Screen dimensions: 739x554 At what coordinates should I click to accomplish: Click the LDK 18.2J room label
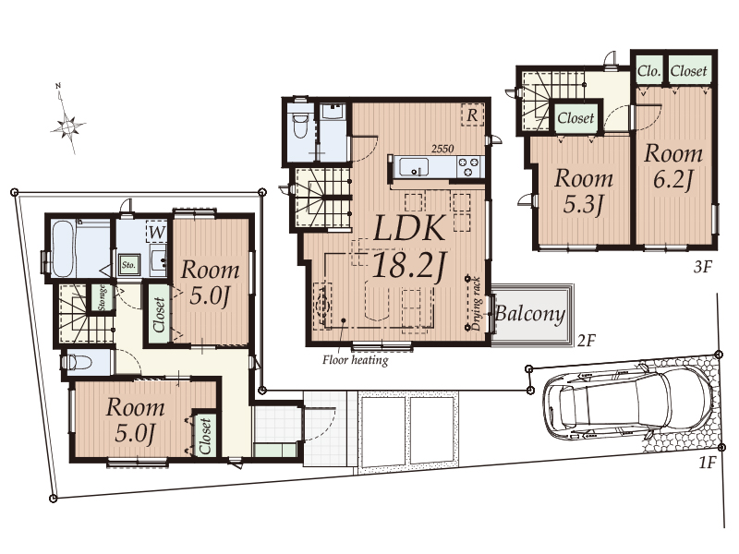[x=408, y=247]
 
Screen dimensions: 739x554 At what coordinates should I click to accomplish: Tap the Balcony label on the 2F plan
[x=530, y=313]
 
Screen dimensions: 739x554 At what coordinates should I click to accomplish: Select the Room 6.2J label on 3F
[x=673, y=166]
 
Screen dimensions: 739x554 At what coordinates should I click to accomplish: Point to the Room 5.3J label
[x=584, y=191]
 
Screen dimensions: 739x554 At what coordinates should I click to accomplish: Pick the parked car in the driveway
[x=628, y=403]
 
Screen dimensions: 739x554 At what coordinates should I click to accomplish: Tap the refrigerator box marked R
[x=472, y=114]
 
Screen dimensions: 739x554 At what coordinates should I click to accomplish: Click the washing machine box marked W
[x=156, y=232]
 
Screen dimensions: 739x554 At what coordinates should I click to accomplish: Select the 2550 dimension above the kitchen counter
[x=442, y=149]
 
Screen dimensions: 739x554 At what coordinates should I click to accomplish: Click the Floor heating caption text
[x=356, y=360]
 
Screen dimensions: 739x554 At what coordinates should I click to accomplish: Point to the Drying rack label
[x=477, y=304]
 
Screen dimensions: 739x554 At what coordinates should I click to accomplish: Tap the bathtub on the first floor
[x=63, y=248]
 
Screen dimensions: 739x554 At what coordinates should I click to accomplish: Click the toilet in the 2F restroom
[x=300, y=125]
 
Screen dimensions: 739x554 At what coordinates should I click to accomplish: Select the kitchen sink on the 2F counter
[x=414, y=167]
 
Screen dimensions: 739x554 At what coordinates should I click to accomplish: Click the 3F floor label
[x=702, y=267]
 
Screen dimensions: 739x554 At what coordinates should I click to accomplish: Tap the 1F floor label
[x=707, y=463]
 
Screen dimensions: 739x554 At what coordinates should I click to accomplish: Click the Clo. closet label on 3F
[x=648, y=71]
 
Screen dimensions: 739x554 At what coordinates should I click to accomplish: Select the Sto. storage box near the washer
[x=128, y=265]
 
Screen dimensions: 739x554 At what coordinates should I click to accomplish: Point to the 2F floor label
[x=587, y=340]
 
